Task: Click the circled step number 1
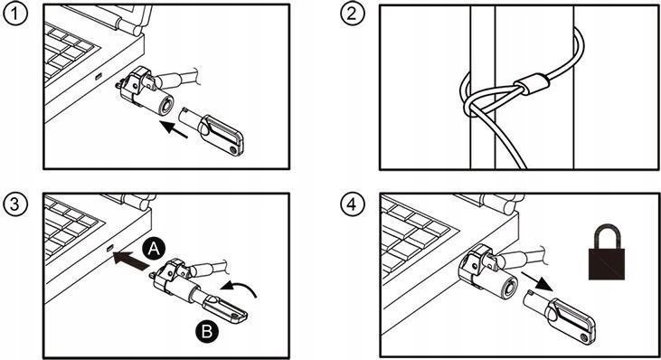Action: [x=15, y=14]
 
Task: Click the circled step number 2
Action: [x=352, y=14]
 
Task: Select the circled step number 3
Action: [x=15, y=204]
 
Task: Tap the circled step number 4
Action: [x=352, y=204]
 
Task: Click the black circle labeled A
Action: [x=154, y=250]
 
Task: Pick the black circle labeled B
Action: [x=207, y=331]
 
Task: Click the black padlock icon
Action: [x=607, y=252]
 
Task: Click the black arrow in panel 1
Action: [x=174, y=129]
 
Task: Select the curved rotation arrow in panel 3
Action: [x=240, y=289]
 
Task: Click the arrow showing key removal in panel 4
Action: [x=536, y=282]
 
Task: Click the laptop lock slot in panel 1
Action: [x=99, y=77]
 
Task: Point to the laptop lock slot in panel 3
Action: [x=110, y=248]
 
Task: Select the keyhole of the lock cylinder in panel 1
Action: [x=167, y=105]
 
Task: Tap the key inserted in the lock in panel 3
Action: [x=219, y=307]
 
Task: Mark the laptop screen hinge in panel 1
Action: [x=131, y=25]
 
